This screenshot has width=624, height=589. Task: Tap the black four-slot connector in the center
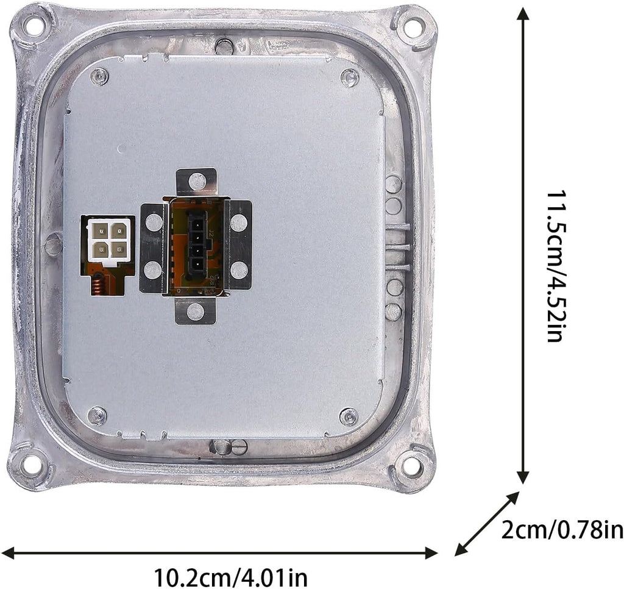pos(197,240)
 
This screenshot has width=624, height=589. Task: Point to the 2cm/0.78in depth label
pos(561,530)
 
